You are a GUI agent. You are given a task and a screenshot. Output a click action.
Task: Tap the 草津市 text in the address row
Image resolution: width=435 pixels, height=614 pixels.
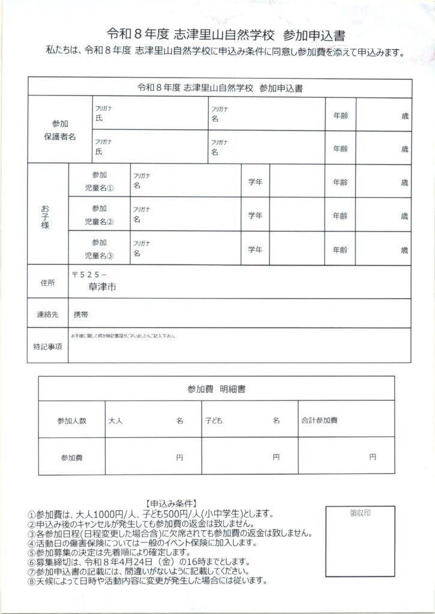coord(100,287)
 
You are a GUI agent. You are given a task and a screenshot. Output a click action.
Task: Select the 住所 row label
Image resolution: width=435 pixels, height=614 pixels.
coord(47,281)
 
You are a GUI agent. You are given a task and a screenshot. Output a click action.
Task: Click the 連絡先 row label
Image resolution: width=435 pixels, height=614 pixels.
coord(47,314)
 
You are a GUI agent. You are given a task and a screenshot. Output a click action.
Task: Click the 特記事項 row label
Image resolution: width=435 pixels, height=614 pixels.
coord(47,347)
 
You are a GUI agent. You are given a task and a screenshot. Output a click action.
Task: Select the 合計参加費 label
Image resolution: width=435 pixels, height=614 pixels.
coord(318,421)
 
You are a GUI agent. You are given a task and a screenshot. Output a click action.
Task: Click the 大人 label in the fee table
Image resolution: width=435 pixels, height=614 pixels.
coord(115,421)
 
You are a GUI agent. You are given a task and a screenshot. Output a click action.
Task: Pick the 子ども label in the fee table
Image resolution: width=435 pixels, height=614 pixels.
coord(213,421)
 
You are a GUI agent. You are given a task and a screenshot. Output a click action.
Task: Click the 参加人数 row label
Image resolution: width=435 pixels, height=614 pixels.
coord(71,421)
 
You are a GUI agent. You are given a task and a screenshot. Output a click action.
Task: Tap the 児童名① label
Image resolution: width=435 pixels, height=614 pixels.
coord(99,188)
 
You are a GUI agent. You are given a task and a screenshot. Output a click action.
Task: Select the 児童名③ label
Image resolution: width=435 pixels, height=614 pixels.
coord(99,255)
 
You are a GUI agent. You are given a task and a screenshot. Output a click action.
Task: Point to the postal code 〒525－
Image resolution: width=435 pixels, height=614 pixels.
coord(89,273)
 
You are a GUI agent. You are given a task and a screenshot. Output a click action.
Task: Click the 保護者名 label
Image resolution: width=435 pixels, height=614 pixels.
coord(60,137)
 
